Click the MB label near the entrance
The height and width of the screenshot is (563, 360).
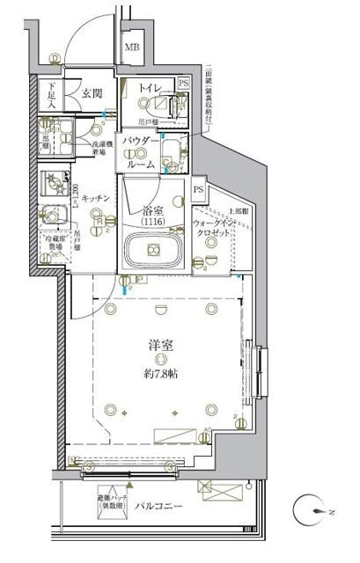pyautogui.click(x=131, y=48)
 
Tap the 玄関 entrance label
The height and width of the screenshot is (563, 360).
pyautogui.click(x=94, y=92)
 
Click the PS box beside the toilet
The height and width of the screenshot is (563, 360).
pyautogui.click(x=183, y=84)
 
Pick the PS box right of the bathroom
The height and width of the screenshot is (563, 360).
pyautogui.click(x=199, y=189)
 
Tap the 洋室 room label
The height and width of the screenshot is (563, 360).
pyautogui.click(x=158, y=345)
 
